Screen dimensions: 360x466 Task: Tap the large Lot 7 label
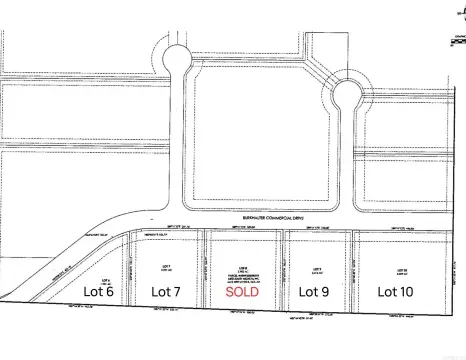(x=165, y=291)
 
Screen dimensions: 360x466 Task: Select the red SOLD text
(x=244, y=292)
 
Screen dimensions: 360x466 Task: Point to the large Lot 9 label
(x=316, y=291)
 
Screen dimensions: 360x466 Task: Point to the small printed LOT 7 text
(x=166, y=267)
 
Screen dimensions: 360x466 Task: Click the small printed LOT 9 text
(x=316, y=268)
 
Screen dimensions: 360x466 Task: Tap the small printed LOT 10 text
(x=399, y=269)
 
